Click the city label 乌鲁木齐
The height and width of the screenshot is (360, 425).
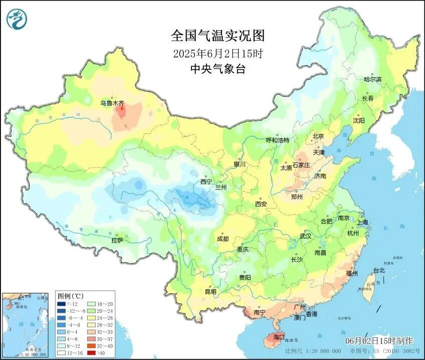[112, 103]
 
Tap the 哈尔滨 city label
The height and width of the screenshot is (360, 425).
[372, 79]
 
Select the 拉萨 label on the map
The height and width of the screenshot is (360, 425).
[117, 240]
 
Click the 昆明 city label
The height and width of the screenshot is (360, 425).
[210, 292]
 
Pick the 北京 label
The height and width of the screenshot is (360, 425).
[318, 136]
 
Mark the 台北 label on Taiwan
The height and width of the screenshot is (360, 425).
[379, 270]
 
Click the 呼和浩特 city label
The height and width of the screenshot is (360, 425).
[277, 140]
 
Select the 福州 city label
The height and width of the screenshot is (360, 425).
[352, 273]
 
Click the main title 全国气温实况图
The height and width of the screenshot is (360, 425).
[218, 36]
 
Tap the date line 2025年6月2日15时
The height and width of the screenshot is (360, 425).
[218, 53]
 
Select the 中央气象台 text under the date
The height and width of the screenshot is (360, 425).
[218, 70]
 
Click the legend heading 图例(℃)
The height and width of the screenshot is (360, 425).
[70, 296]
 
